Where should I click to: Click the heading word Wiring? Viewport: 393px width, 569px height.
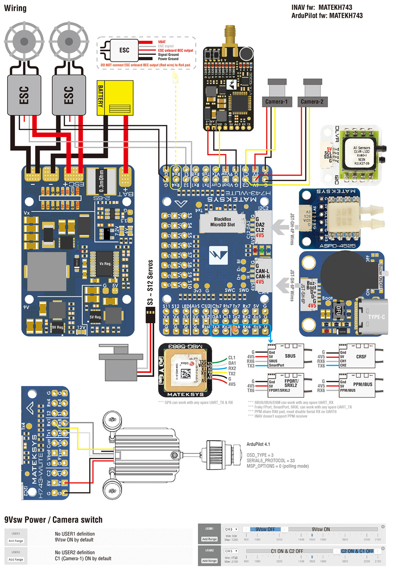pyautogui.click(x=15, y=8)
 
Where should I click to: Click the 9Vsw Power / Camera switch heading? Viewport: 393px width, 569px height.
pyautogui.click(x=53, y=519)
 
